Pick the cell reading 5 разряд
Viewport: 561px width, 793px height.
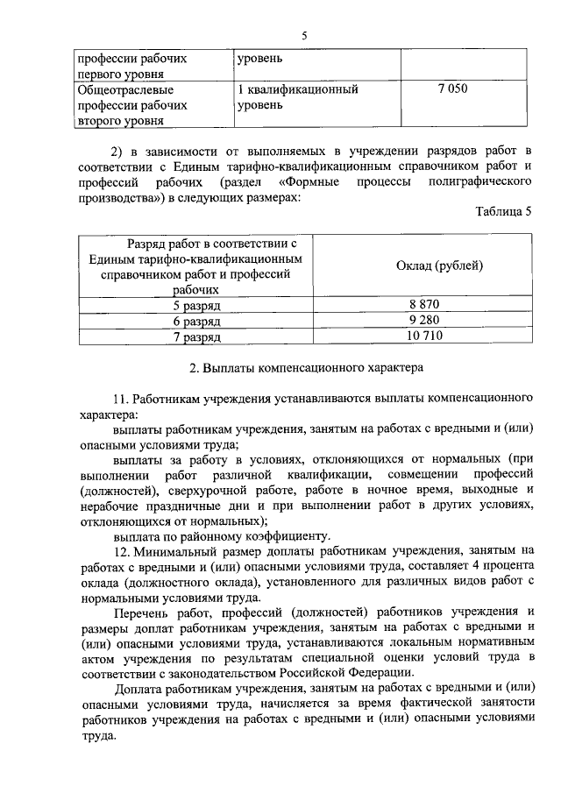pyautogui.click(x=196, y=305)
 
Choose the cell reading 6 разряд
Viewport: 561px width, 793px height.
pyautogui.click(x=196, y=320)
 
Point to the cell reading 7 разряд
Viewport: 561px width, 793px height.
pyautogui.click(x=196, y=336)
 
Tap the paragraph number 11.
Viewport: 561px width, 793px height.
pyautogui.click(x=121, y=397)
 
